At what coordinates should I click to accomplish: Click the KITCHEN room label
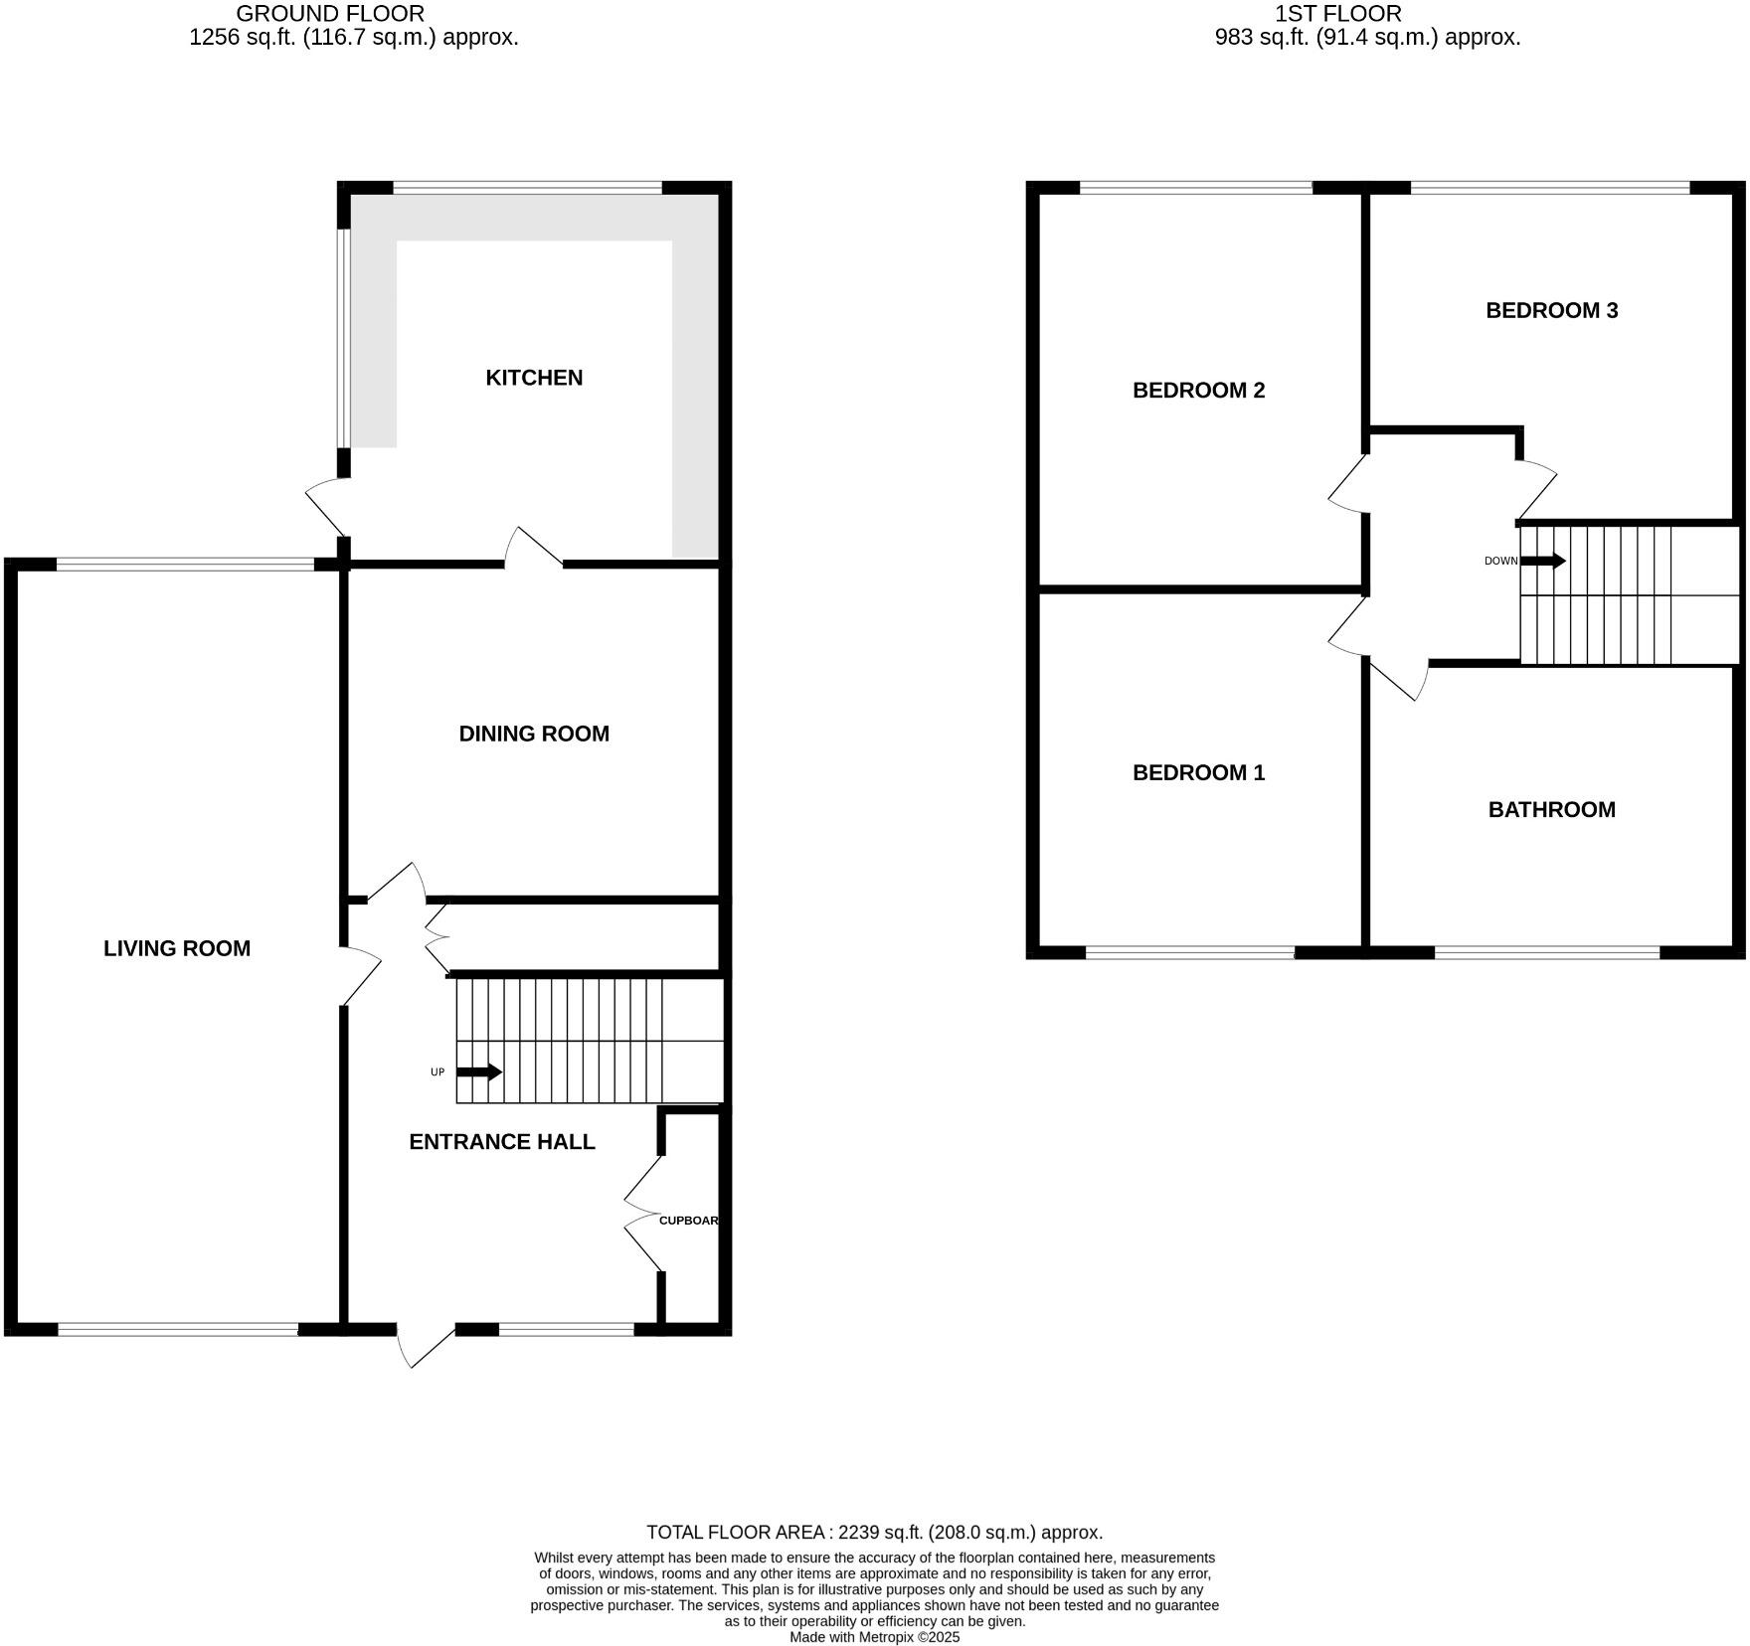tap(534, 378)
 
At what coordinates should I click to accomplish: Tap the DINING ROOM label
tap(534, 734)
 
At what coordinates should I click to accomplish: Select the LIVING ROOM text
tap(177, 948)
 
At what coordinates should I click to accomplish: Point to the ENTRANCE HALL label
tap(502, 1142)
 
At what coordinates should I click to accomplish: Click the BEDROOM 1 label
tap(1198, 772)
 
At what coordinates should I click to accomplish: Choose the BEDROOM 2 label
tap(1198, 390)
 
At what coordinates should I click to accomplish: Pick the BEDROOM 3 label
tap(1551, 310)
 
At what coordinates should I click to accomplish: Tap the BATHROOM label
tap(1551, 809)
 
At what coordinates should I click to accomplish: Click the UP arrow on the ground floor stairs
tap(479, 1071)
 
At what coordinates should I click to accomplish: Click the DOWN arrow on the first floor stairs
tap(1542, 561)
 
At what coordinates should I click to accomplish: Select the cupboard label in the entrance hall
tap(688, 1220)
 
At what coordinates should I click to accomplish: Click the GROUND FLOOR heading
tap(329, 14)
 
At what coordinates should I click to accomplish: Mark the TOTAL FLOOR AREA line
tap(874, 1532)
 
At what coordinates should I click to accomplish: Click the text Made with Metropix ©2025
tap(874, 1636)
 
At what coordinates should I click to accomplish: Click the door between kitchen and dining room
tap(534, 547)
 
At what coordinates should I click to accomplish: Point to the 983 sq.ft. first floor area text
tap(1367, 38)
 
